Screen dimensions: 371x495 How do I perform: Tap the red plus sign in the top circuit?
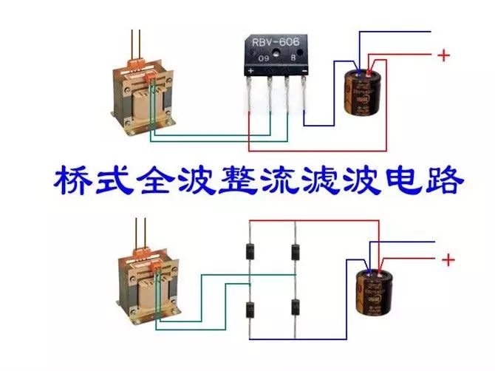pos(443,55)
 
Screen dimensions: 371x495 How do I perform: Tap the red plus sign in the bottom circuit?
pos(446,259)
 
